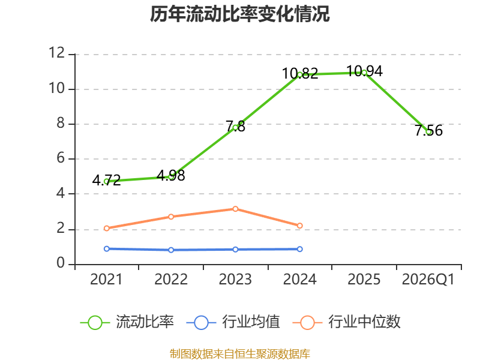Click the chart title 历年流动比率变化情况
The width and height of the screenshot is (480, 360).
239,14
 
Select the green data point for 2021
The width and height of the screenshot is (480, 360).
107,182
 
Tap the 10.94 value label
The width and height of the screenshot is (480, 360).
364,71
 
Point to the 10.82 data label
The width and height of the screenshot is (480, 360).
300,73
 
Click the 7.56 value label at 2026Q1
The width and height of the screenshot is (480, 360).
428,130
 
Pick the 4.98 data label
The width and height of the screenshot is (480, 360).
171,176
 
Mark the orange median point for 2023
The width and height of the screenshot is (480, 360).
235,209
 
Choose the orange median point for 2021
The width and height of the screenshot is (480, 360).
107,228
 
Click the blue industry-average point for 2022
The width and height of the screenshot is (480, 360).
171,250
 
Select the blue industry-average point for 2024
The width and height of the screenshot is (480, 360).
299,249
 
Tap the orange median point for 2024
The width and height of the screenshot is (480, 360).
299,226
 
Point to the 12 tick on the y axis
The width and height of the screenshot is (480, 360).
57,53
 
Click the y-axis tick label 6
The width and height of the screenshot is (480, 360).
61,158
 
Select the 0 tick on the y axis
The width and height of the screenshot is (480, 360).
61,263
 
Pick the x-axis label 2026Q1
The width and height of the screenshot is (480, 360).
428,280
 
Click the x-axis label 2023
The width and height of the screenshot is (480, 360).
235,280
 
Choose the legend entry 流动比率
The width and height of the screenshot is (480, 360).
127,322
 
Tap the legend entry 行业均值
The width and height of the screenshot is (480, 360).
233,322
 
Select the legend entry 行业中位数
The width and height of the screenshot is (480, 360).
347,322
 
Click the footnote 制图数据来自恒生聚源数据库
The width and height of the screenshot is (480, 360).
239,354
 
